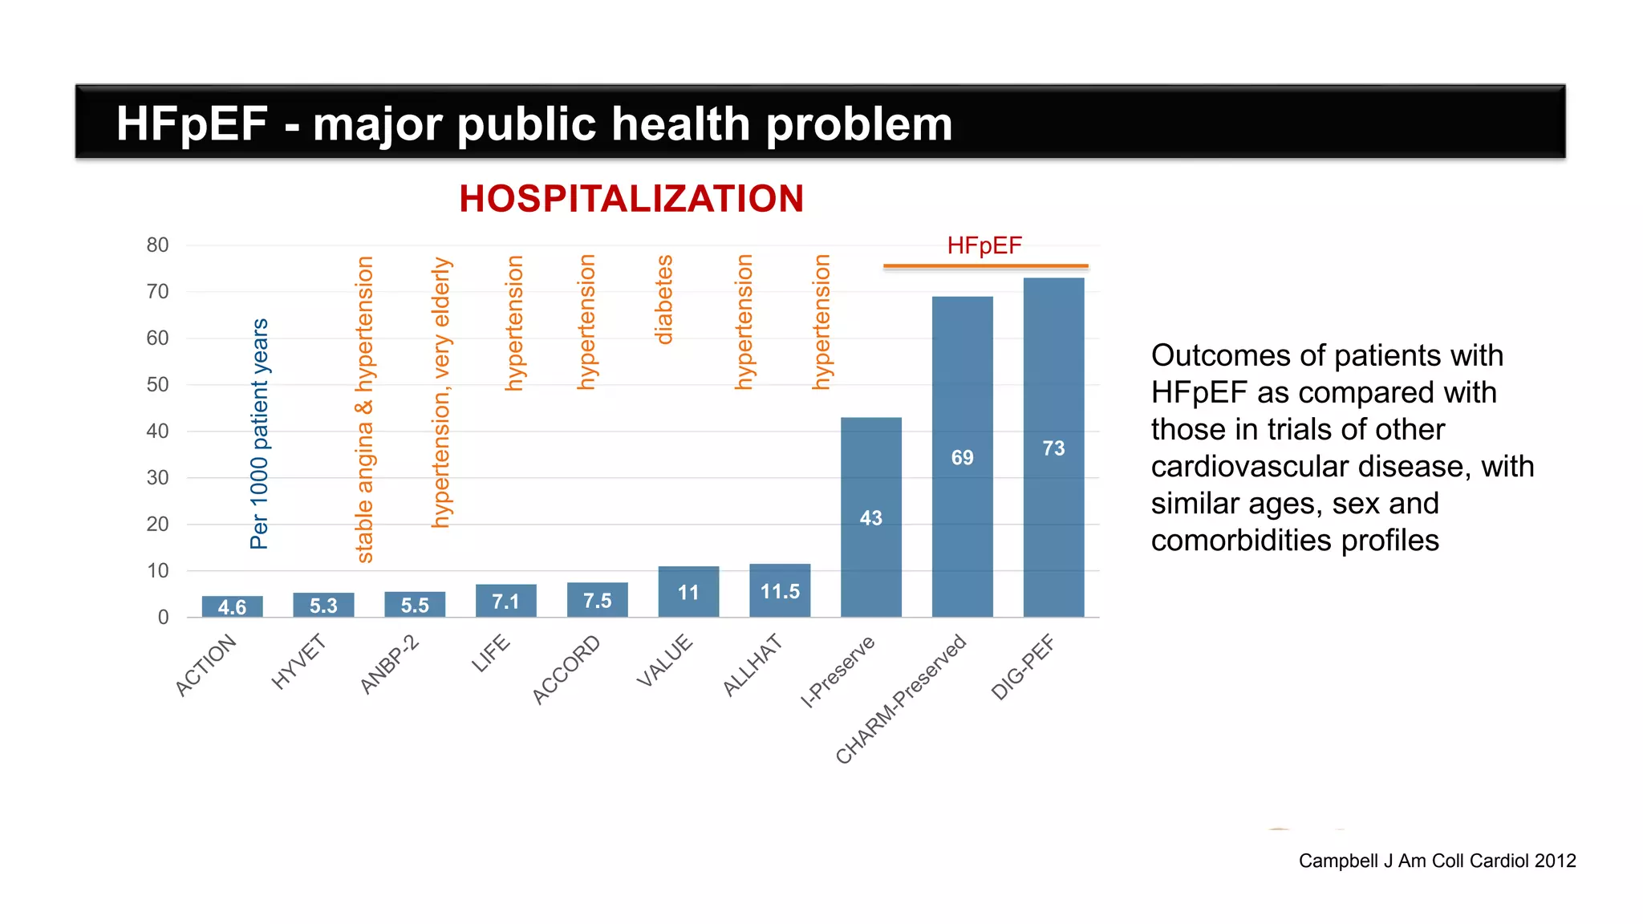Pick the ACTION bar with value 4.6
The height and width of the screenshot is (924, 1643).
(x=232, y=606)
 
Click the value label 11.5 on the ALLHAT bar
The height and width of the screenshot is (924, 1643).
(x=780, y=592)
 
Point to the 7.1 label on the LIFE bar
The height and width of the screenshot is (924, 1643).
(x=505, y=602)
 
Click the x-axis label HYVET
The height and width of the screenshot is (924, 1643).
(x=298, y=662)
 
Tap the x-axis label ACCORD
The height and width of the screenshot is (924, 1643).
(x=566, y=669)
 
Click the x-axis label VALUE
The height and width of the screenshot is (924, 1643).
(x=664, y=660)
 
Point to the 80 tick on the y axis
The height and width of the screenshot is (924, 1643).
(x=157, y=245)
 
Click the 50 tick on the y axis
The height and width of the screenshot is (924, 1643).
(x=157, y=385)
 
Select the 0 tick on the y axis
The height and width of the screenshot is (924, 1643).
(x=163, y=618)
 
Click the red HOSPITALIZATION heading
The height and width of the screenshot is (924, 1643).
(x=631, y=199)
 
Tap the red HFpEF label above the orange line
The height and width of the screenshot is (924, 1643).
(x=984, y=245)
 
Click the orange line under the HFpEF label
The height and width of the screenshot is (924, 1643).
(x=985, y=265)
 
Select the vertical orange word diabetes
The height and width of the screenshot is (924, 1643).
(x=663, y=300)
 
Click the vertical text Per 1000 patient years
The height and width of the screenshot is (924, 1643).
(x=259, y=434)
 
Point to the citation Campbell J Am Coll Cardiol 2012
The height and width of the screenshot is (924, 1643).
(x=1437, y=861)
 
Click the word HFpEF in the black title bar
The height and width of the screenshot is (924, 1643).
(x=192, y=124)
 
